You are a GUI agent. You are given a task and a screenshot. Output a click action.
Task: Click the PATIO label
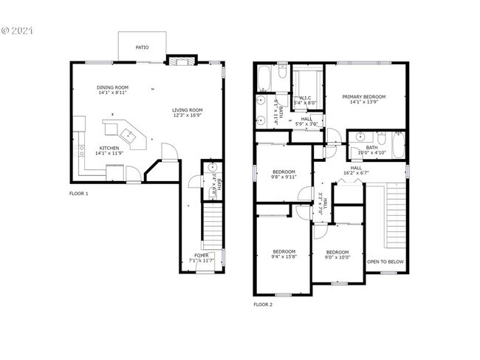click(142, 47)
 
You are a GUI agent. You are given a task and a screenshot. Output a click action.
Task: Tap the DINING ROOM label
click(112, 87)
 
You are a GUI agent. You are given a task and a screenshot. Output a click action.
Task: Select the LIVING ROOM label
click(188, 110)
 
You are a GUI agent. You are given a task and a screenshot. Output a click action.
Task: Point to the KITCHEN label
click(109, 148)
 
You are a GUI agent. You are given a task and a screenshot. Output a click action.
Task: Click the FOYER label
click(201, 255)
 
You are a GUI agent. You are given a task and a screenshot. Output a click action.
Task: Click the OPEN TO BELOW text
click(385, 262)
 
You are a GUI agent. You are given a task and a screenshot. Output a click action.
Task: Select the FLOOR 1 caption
click(78, 194)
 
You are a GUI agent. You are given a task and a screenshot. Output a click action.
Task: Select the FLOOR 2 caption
click(263, 304)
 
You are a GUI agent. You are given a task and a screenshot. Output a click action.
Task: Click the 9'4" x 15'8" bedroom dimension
click(283, 256)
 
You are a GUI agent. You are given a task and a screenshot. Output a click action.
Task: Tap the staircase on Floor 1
click(212, 225)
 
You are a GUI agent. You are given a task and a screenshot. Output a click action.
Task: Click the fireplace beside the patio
click(179, 61)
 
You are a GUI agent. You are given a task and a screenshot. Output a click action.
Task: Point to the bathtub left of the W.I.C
click(264, 77)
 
